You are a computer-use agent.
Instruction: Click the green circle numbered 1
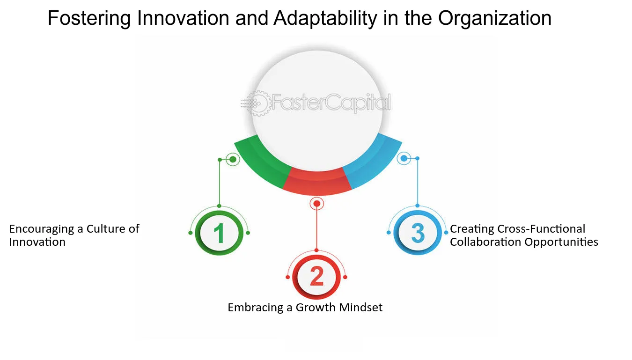pos(219,233)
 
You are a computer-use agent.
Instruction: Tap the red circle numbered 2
pos(316,277)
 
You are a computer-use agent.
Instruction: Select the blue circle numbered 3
pos(418,233)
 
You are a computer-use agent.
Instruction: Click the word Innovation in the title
pos(183,18)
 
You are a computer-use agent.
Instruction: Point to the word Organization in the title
pos(494,19)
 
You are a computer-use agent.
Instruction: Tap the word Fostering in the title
pos(89,19)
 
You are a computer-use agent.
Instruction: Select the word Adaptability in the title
pos(325,19)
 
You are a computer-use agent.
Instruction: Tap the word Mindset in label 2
pos(360,307)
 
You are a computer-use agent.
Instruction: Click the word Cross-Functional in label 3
pos(541,228)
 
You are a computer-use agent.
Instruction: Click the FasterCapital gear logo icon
pos(256,103)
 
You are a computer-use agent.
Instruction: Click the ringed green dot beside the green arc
pos(233,160)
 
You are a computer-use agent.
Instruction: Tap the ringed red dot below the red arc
pos(316,204)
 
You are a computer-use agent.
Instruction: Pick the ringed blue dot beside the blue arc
pos(404,158)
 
